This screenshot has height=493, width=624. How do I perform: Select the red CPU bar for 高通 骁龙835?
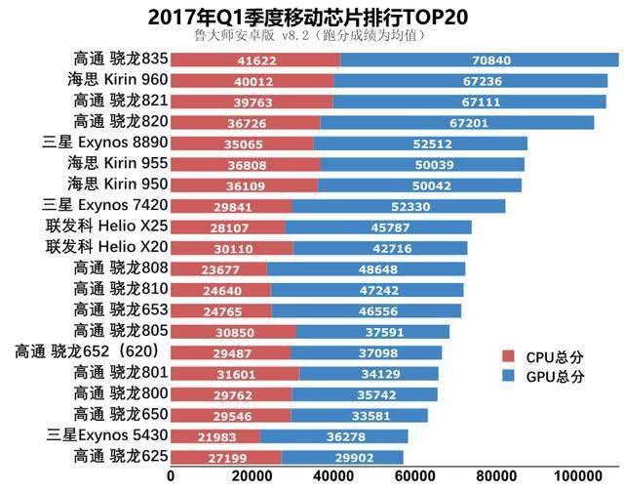pos(255,60)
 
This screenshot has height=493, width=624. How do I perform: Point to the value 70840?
pos(490,60)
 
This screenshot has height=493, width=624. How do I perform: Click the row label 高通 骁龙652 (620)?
pos(92,350)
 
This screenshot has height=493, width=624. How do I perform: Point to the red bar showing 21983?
pos(215,434)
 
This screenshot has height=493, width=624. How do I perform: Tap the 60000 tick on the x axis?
pos(416,476)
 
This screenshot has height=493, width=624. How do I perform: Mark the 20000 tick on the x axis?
pos(253,476)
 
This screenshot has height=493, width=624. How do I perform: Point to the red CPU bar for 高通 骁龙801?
pos(235,372)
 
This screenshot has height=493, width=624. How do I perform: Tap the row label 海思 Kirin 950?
pos(116,185)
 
